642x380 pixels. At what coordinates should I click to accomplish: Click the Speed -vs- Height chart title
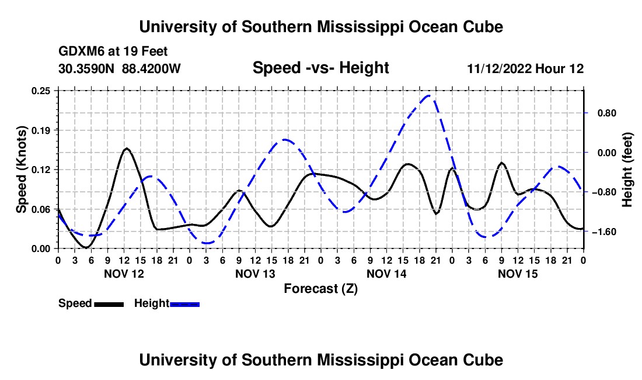click(320, 68)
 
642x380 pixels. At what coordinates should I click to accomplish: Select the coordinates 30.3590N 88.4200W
click(120, 68)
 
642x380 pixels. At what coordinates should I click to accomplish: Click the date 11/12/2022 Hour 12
click(525, 68)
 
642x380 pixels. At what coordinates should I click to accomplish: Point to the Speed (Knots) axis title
click(21, 170)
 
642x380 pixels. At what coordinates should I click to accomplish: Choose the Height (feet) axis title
click(627, 170)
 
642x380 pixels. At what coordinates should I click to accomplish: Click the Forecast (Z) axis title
click(320, 289)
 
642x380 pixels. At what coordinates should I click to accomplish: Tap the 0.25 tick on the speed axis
click(41, 91)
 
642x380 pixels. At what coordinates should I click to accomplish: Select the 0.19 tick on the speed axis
click(41, 130)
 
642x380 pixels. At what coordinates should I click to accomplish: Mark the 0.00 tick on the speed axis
click(41, 249)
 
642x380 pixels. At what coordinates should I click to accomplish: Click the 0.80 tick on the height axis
click(607, 113)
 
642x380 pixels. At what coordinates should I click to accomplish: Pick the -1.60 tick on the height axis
click(604, 232)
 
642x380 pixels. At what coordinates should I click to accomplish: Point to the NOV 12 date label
click(124, 274)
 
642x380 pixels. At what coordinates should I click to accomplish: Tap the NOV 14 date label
click(386, 274)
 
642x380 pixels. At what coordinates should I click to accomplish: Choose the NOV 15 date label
click(518, 274)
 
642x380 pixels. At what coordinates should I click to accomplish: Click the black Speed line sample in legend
click(109, 305)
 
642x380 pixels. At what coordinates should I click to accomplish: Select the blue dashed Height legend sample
click(184, 305)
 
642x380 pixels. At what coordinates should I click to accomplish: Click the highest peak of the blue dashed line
click(428, 96)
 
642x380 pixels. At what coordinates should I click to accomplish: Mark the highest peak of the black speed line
click(127, 148)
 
